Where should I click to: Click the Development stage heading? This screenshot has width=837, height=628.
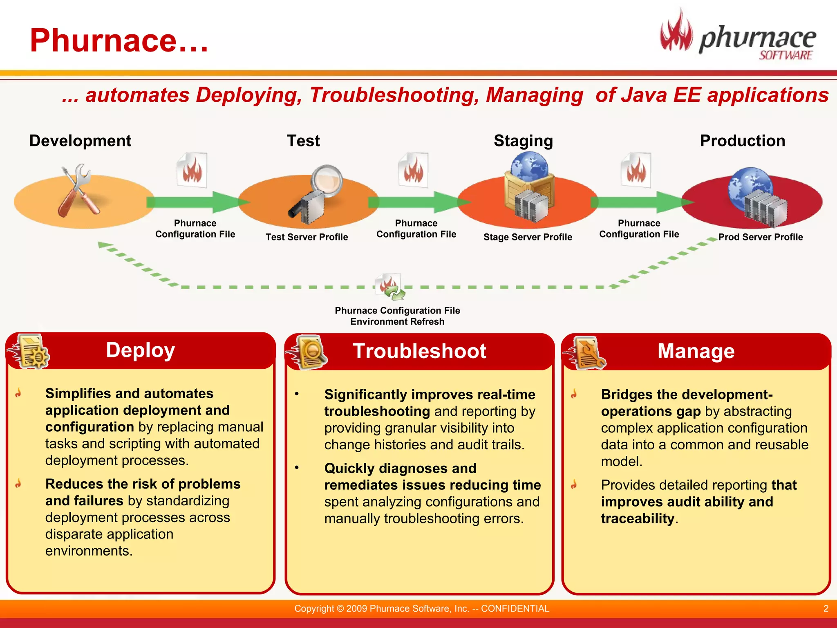coord(80,141)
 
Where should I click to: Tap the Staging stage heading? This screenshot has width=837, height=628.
coord(523,141)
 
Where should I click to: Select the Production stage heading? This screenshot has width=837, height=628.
coord(742,141)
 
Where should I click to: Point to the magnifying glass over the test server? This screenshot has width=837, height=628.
coord(327,180)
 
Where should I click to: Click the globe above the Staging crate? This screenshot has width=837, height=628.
coord(529,166)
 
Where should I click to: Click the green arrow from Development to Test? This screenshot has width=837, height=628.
coord(196,202)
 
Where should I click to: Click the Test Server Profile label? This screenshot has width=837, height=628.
coord(307,237)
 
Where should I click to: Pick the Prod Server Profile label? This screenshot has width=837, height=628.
coord(760,237)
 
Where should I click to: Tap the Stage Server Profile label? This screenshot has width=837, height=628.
coord(528,237)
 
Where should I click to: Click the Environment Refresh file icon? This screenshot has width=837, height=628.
coord(390,287)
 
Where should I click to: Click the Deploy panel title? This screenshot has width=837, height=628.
coord(141,350)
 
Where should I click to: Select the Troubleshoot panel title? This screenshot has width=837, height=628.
coord(419,351)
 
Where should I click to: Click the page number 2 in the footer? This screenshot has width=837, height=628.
coord(826,608)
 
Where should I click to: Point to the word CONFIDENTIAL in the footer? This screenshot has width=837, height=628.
coord(515,608)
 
